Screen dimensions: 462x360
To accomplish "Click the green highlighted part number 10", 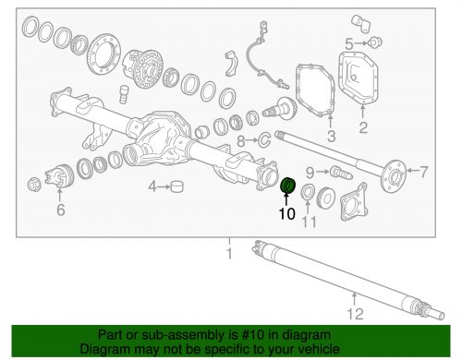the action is (288, 186).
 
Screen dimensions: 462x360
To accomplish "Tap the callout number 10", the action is (287, 213).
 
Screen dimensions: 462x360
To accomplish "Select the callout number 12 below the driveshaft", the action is (356, 314).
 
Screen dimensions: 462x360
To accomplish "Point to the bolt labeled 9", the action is (341, 173).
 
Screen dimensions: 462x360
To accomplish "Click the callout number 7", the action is (424, 172).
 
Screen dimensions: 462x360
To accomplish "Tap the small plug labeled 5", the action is (375, 42).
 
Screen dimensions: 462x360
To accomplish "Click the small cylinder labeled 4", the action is (176, 186).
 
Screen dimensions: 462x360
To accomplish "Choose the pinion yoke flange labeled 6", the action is (58, 177).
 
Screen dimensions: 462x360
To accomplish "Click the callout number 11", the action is (309, 222).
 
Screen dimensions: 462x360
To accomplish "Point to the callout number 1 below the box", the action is (229, 253).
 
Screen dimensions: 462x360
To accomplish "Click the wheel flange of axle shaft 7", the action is (394, 176).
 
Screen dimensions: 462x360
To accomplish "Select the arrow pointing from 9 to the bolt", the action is (322, 172).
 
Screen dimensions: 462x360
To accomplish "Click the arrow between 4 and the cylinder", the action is (164, 186).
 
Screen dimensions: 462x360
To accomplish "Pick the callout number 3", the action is (331, 137).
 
